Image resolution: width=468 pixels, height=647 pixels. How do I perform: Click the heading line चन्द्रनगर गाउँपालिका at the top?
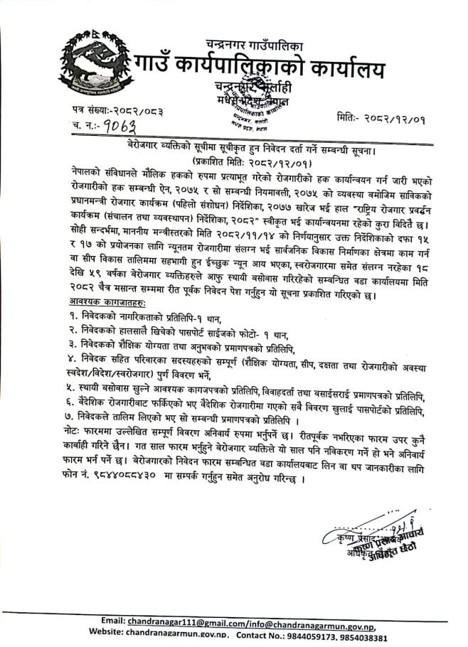coord(257,43)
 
